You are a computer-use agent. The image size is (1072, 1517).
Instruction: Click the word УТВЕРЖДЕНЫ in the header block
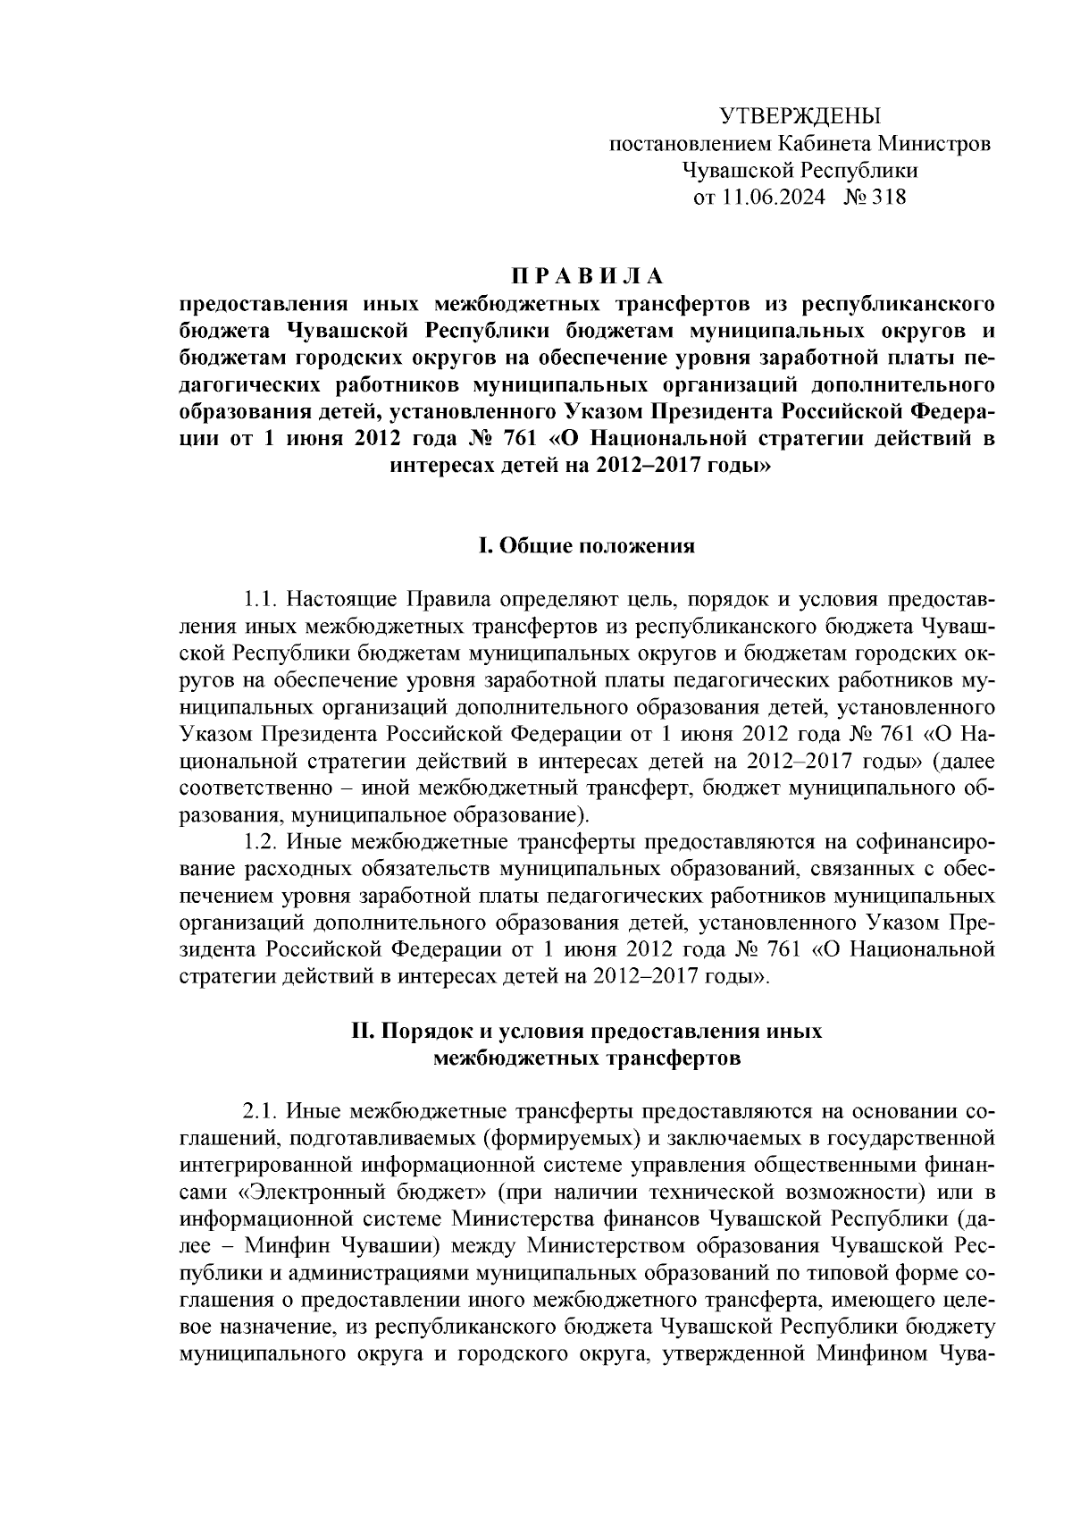point(800,116)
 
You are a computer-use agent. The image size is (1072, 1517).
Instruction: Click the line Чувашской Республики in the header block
point(800,170)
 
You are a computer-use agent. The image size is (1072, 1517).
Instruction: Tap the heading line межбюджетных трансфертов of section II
point(587,1058)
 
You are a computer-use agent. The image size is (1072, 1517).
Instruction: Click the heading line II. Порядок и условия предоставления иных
point(587,1031)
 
